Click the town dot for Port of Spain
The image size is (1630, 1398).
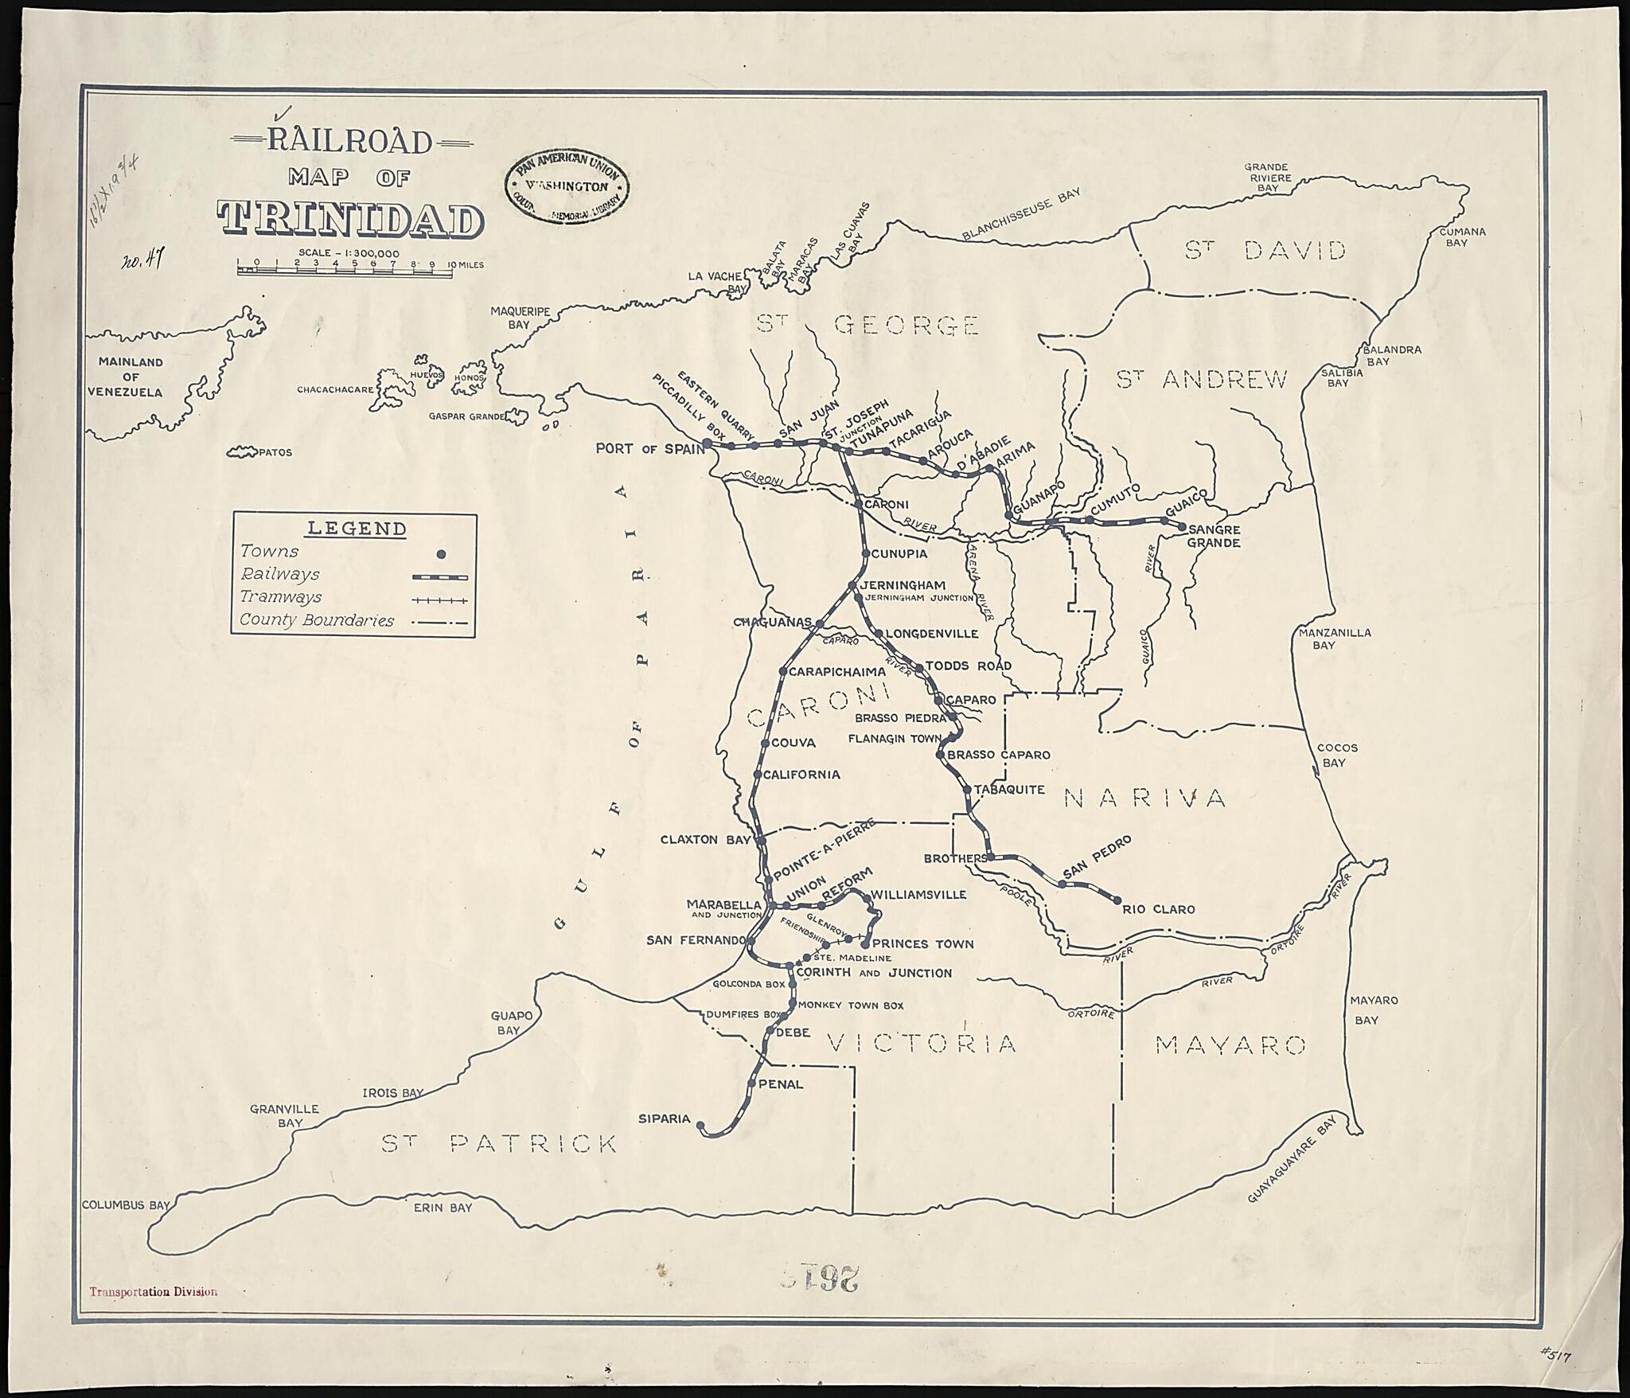point(707,443)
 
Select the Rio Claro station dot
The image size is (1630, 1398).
point(1117,900)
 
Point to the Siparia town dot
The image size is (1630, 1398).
point(700,1125)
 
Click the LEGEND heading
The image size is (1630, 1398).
point(357,529)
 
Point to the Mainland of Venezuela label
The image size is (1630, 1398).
point(131,377)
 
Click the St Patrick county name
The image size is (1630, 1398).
point(499,1144)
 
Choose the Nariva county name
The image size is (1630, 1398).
point(1145,798)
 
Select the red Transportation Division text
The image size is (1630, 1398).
point(154,1292)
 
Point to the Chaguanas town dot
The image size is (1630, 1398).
point(817,622)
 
